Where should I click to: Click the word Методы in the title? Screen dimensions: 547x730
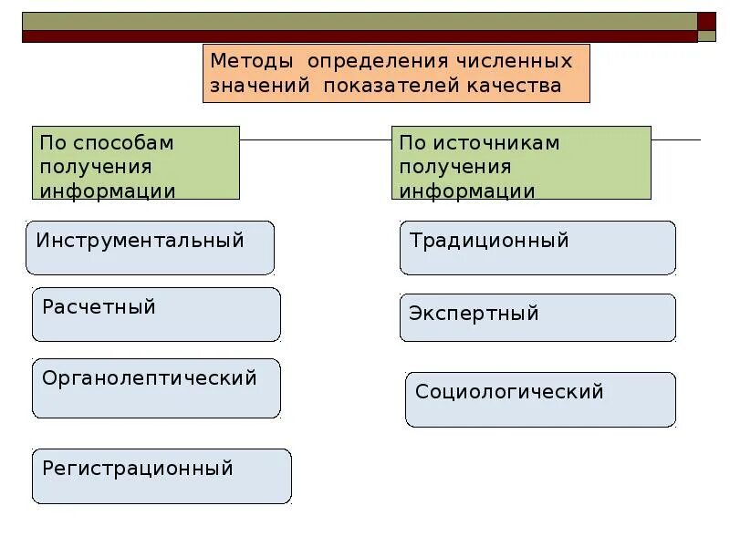pyautogui.click(x=252, y=61)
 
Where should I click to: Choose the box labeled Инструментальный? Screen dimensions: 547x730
pyautogui.click(x=150, y=247)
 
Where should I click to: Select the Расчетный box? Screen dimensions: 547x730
pyautogui.click(x=156, y=315)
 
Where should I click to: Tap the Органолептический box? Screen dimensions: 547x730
pyautogui.click(x=156, y=388)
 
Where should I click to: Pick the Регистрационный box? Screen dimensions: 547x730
pyautogui.click(x=162, y=476)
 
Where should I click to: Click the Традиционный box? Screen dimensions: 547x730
pyautogui.click(x=537, y=247)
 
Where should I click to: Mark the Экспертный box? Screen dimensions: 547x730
pyautogui.click(x=537, y=317)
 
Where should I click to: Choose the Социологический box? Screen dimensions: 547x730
pyautogui.click(x=540, y=399)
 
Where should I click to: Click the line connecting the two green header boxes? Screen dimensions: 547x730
pyautogui.click(x=316, y=140)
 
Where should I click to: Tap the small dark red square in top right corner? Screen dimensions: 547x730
pyautogui.click(x=706, y=21)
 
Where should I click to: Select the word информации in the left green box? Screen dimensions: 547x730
pyautogui.click(x=108, y=191)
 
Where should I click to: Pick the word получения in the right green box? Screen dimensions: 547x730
pyautogui.click(x=455, y=168)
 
